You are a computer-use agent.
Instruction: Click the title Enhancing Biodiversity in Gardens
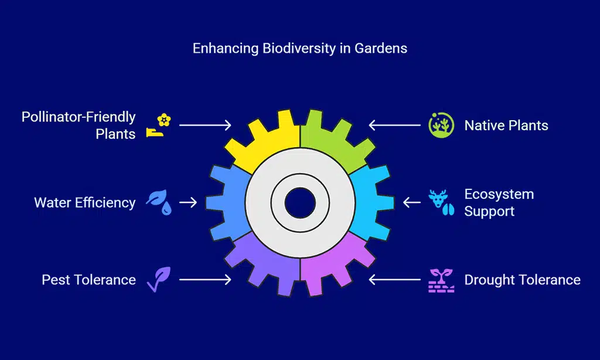point(299,48)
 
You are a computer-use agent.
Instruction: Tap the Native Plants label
point(506,125)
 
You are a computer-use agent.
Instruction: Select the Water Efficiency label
point(84,202)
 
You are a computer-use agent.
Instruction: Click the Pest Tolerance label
point(88,280)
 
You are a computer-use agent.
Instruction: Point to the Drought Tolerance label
point(522,280)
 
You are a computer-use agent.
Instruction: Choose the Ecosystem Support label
point(499,202)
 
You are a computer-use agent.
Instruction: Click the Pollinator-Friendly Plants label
point(79,125)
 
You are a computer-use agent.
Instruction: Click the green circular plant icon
point(441,125)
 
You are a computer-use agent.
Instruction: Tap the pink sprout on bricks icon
point(441,280)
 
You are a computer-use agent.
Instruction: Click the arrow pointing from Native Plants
point(396,125)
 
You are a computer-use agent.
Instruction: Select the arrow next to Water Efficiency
point(188,202)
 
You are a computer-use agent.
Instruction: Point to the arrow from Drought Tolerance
point(396,280)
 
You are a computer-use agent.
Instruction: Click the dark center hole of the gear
point(300,202)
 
